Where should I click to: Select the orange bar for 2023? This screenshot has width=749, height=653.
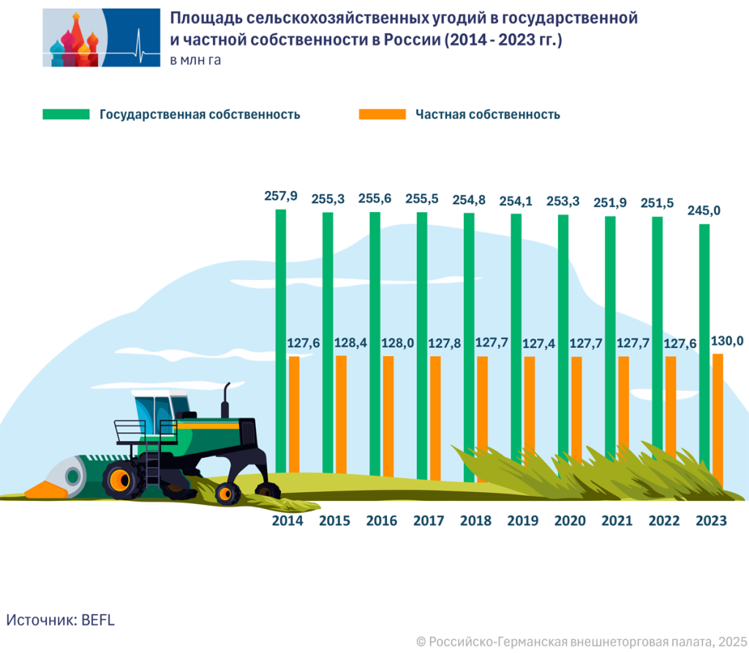pyautogui.click(x=718, y=417)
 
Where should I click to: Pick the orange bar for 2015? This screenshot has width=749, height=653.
pyautogui.click(x=341, y=417)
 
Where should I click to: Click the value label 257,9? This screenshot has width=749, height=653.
pyautogui.click(x=281, y=196)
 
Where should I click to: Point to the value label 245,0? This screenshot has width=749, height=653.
pyautogui.click(x=704, y=211)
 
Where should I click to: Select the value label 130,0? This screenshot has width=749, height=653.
pyautogui.click(x=727, y=341)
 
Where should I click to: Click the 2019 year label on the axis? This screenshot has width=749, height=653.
pyautogui.click(x=522, y=521)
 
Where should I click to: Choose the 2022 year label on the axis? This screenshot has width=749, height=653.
pyautogui.click(x=664, y=521)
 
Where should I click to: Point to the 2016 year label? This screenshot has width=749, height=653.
pyautogui.click(x=381, y=521)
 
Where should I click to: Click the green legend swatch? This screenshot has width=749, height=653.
pyautogui.click(x=66, y=114)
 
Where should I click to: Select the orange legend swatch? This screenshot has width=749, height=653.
pyautogui.click(x=382, y=114)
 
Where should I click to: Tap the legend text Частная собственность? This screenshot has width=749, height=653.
pyautogui.click(x=487, y=114)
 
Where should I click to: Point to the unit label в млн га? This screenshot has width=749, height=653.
pyautogui.click(x=195, y=61)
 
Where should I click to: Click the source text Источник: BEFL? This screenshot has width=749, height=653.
pyautogui.click(x=61, y=619)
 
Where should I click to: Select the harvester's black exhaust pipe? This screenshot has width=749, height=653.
pyautogui.click(x=227, y=399)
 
